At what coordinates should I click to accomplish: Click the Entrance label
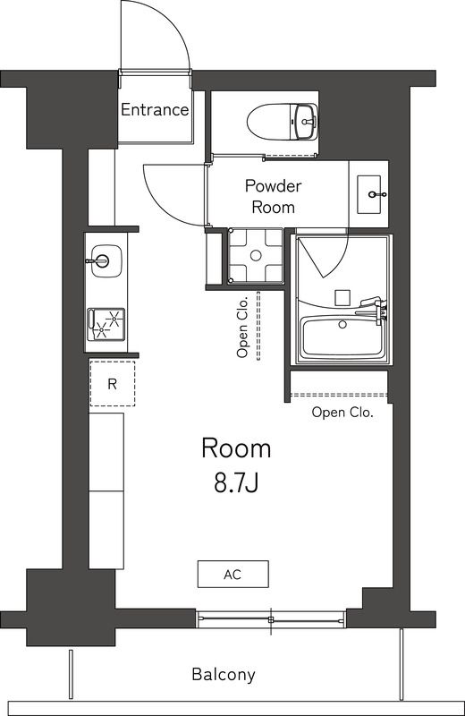click(x=155, y=110)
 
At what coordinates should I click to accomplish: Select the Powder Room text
click(x=274, y=196)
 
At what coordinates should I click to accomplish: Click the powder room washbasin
click(x=371, y=193)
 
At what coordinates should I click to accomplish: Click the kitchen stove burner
click(x=106, y=323)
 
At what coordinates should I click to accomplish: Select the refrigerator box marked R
click(x=112, y=384)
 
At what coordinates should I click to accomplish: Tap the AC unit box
click(x=232, y=574)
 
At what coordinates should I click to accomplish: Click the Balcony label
click(x=223, y=675)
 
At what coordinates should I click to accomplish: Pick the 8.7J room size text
click(x=235, y=484)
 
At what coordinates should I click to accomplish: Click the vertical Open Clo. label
click(x=242, y=328)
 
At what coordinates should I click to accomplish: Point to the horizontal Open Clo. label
click(x=342, y=413)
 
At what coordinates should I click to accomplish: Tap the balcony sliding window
click(x=270, y=618)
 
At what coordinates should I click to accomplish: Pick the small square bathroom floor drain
click(x=341, y=296)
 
